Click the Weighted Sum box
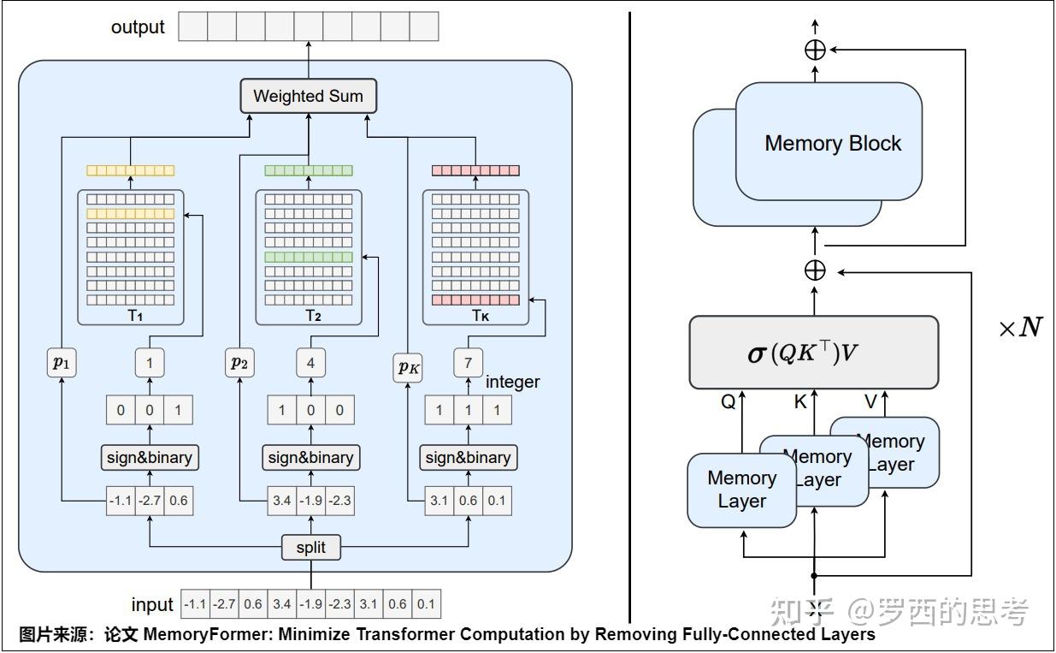click(308, 96)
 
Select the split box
click(310, 547)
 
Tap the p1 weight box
click(62, 363)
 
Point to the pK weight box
click(410, 369)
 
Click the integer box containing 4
click(310, 363)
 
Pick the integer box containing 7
click(468, 363)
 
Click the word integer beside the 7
click(513, 382)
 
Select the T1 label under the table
click(135, 316)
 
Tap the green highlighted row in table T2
click(309, 257)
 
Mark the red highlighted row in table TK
click(475, 300)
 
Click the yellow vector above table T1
click(130, 170)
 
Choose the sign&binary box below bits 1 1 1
click(468, 458)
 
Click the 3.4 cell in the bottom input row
click(281, 604)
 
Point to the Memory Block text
click(832, 143)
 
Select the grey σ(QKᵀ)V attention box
click(813, 352)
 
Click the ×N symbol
click(1020, 328)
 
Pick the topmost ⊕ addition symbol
click(815, 50)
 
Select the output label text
click(138, 27)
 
